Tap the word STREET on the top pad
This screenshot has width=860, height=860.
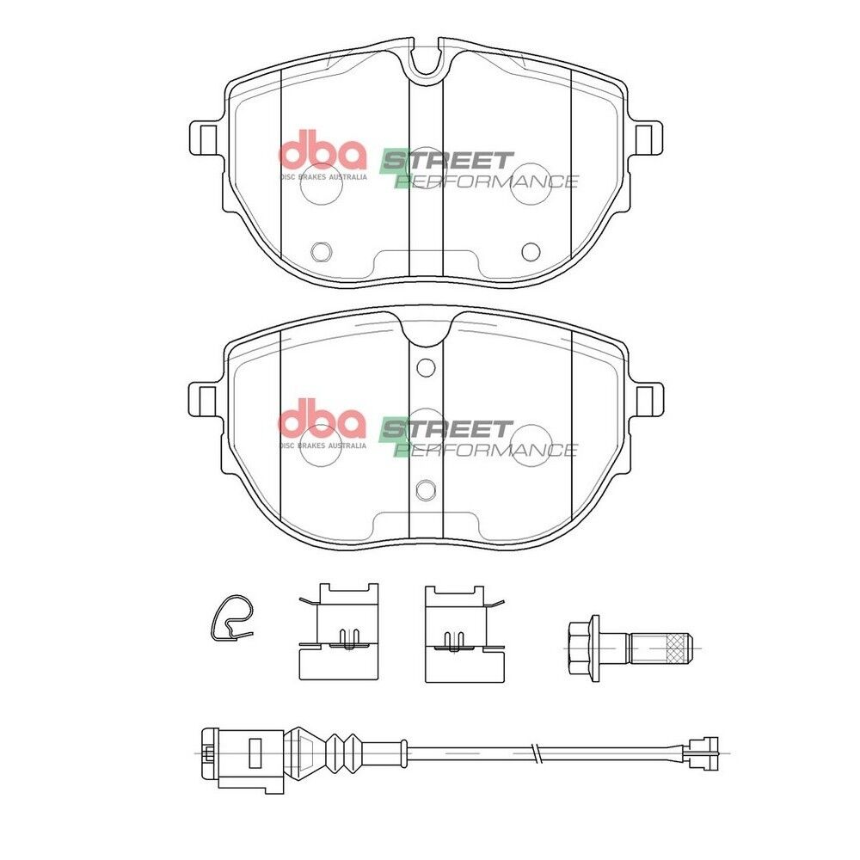[447, 161]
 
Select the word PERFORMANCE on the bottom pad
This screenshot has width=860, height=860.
[486, 450]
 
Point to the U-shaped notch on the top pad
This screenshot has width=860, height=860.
[426, 68]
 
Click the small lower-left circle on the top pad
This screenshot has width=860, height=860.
[322, 252]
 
